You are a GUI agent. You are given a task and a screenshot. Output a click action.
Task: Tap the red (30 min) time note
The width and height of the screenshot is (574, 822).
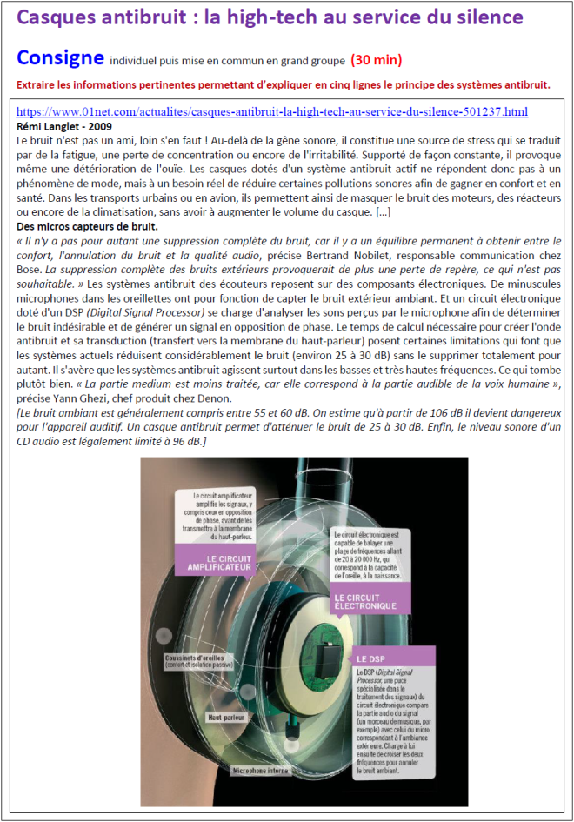(377, 60)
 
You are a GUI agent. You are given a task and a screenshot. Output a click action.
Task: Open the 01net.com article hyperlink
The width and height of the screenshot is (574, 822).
(272, 112)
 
